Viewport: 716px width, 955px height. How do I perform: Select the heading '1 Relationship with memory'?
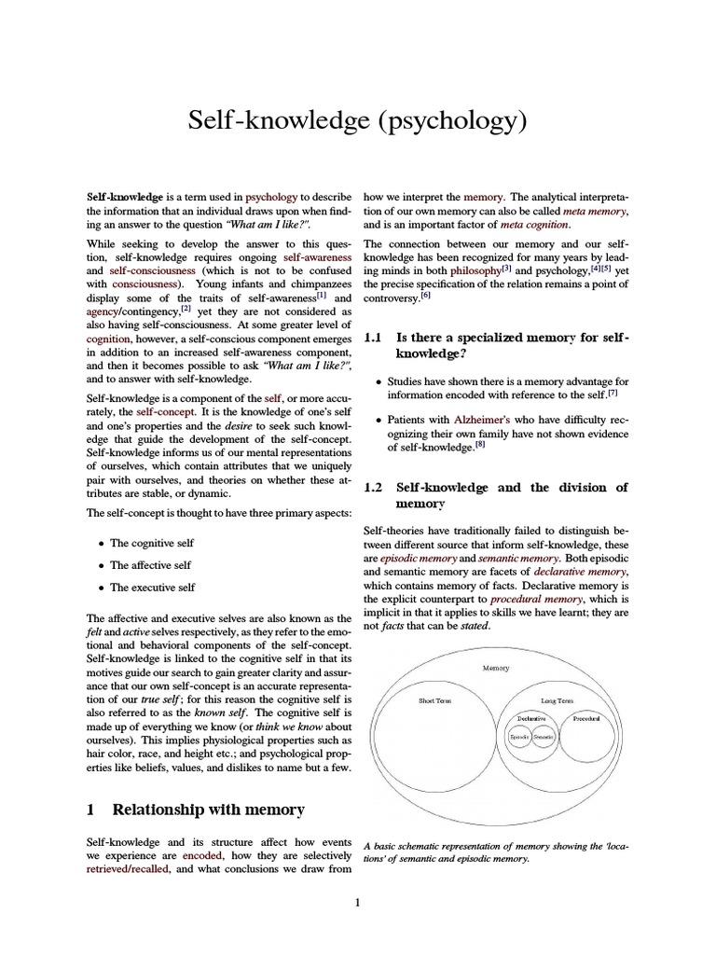click(x=196, y=810)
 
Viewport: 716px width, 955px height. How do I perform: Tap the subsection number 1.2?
click(x=374, y=487)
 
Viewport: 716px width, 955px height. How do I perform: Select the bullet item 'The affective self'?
click(x=150, y=565)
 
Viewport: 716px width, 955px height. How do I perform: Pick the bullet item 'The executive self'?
click(x=152, y=588)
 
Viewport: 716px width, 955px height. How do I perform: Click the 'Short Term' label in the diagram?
click(x=434, y=700)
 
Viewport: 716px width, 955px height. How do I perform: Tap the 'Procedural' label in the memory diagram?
click(x=586, y=719)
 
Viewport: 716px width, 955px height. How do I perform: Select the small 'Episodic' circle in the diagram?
click(x=519, y=737)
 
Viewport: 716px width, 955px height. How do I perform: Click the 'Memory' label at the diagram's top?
click(x=495, y=669)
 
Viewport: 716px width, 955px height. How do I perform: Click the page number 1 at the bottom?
click(x=358, y=902)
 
